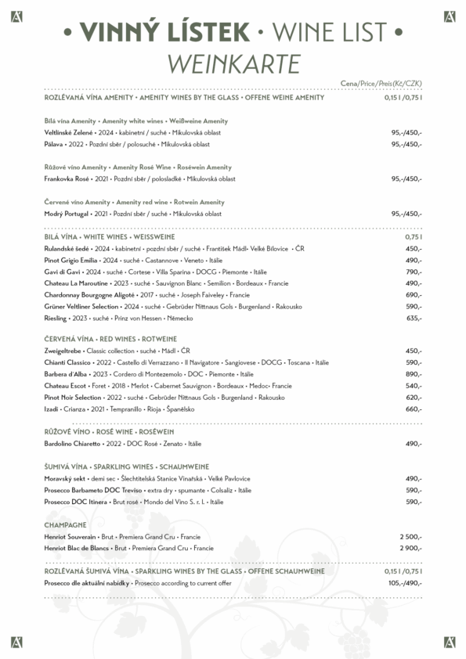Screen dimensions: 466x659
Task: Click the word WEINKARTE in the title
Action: (x=233, y=62)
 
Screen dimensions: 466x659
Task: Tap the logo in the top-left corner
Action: (x=16, y=16)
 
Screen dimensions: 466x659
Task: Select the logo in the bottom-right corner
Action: (x=449, y=642)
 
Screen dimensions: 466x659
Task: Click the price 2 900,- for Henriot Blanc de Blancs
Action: (x=410, y=549)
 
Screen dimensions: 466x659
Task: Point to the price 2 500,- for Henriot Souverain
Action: (x=410, y=537)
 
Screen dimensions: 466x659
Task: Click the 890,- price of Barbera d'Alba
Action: (x=414, y=374)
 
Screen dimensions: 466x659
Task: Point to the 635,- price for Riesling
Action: (x=414, y=319)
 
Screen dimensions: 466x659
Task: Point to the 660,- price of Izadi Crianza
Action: (x=414, y=409)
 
